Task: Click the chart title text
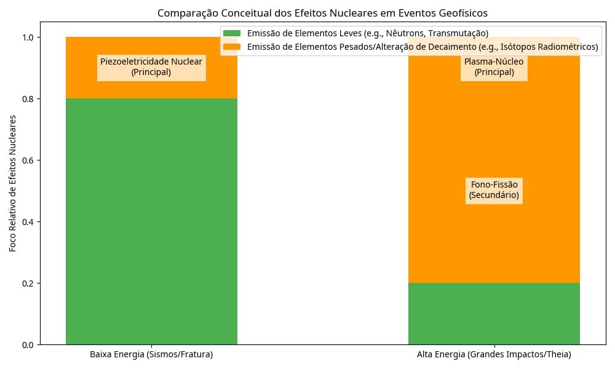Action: tap(323, 13)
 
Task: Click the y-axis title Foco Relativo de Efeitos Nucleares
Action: tap(13, 191)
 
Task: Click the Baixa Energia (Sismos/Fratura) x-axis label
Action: tap(151, 355)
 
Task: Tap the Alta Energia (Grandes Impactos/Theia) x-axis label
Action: tap(494, 355)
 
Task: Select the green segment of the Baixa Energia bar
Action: tap(151, 221)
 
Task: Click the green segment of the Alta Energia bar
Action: tap(494, 314)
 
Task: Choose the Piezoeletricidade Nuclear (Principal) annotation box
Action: tap(151, 67)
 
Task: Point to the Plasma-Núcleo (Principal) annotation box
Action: tap(494, 67)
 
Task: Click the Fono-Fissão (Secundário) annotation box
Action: tap(494, 190)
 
